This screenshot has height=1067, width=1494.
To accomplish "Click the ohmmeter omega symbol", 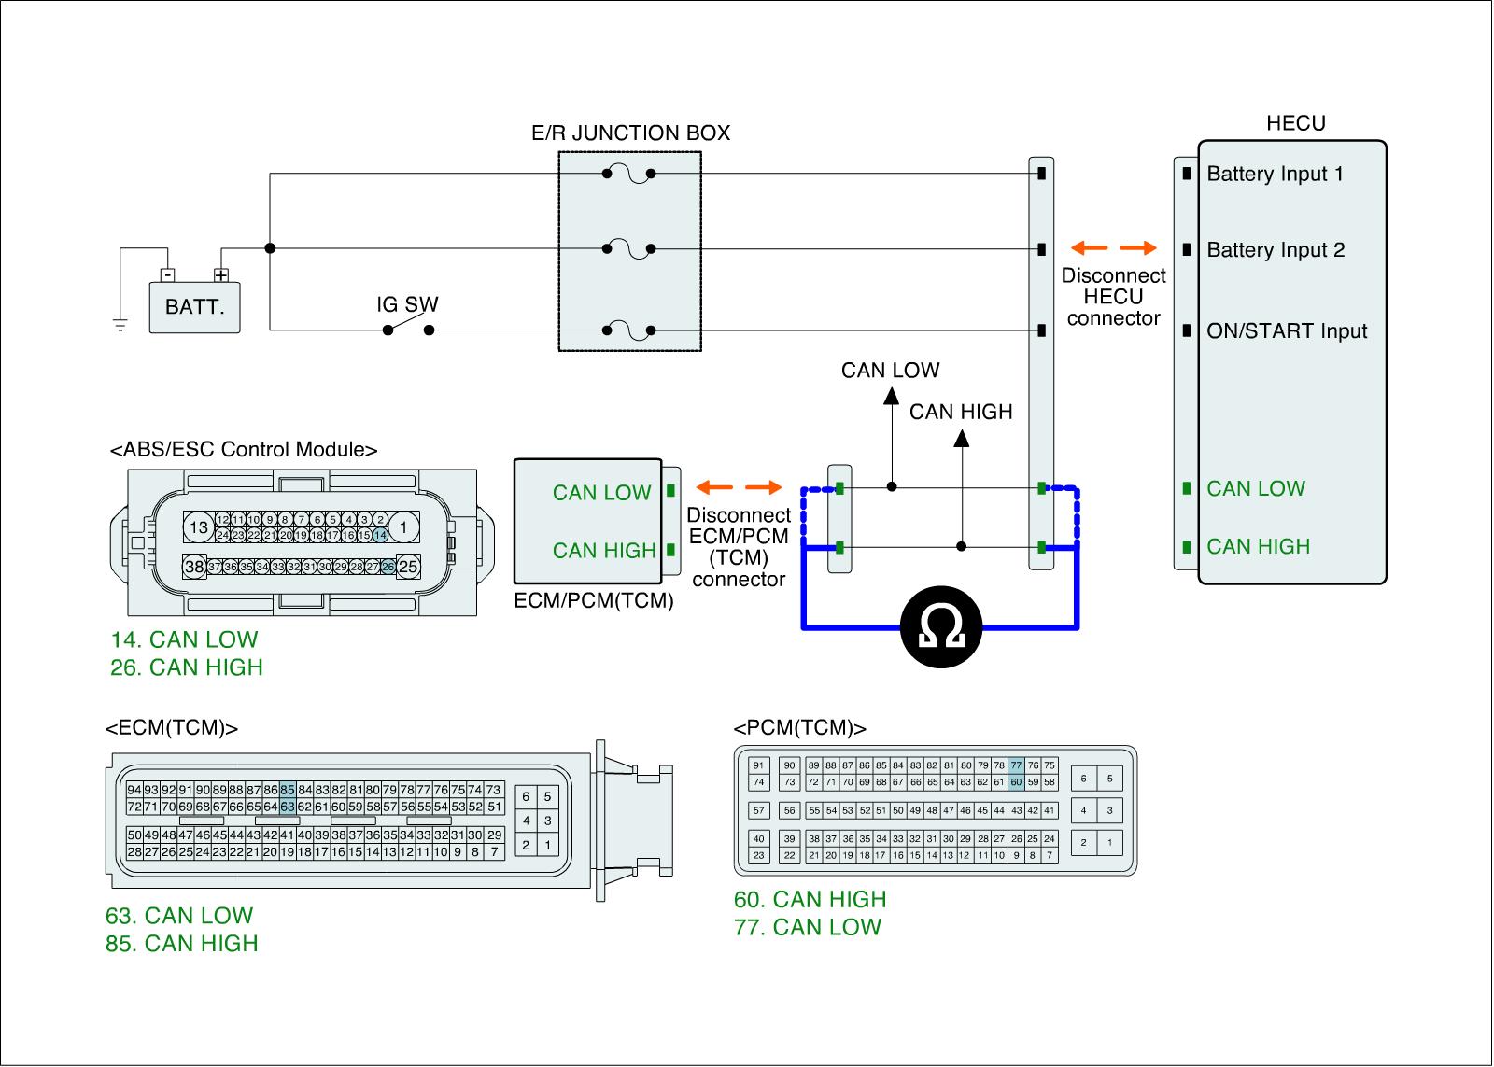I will [x=941, y=628].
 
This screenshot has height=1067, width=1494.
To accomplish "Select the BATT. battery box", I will [x=194, y=306].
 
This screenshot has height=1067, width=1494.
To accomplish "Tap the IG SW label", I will [x=407, y=304].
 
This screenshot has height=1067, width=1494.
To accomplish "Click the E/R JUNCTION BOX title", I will [x=630, y=133].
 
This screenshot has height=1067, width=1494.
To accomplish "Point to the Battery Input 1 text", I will [x=1275, y=174].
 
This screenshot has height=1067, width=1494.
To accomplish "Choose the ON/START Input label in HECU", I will [x=1287, y=331].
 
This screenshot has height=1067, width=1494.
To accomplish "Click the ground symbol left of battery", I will [x=120, y=324].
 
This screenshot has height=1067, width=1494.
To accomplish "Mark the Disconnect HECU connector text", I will [x=1113, y=297].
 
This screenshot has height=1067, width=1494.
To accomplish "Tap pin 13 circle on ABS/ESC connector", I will [x=199, y=527].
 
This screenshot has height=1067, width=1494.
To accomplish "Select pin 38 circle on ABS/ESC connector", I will [x=194, y=567].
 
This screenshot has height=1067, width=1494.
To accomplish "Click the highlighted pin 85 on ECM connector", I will [x=287, y=790].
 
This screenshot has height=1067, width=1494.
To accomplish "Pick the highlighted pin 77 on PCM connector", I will [x=1016, y=765].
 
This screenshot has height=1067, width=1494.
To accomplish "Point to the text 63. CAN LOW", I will [x=179, y=916].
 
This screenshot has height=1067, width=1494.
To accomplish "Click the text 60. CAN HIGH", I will [x=810, y=899].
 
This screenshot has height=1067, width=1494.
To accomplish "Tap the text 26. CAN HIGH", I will [x=186, y=667].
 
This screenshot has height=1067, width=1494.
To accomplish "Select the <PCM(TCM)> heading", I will [x=799, y=728].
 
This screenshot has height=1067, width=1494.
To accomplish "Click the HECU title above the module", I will [x=1295, y=123].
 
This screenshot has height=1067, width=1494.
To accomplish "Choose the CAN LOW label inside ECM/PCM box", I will [x=601, y=493].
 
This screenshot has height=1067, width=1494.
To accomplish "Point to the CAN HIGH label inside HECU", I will [x=1258, y=546].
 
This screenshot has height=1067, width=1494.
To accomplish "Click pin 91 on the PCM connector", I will [x=758, y=765].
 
